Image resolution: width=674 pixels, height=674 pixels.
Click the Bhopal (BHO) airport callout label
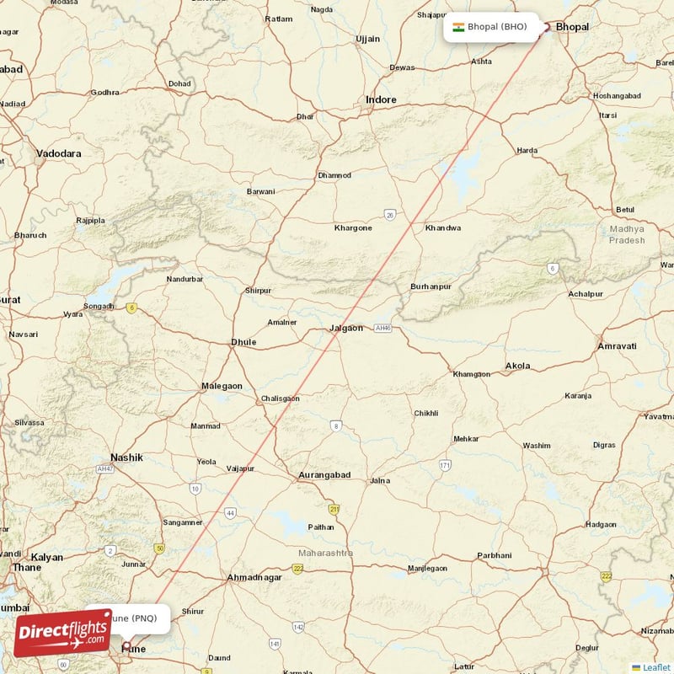pyautogui.click(x=491, y=27)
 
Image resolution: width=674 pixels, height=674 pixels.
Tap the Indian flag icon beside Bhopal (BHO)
pyautogui.click(x=458, y=27)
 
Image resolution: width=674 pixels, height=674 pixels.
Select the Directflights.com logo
pyautogui.click(x=62, y=633)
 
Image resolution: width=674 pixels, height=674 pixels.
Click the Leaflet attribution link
pyautogui.click(x=657, y=667)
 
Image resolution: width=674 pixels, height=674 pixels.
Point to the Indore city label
pyautogui.click(x=381, y=99)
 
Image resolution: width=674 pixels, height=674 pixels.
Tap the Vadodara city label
pyautogui.click(x=59, y=153)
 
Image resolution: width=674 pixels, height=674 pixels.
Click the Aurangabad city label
pyautogui.click(x=324, y=475)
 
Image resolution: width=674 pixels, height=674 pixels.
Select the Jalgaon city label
pyautogui.click(x=345, y=328)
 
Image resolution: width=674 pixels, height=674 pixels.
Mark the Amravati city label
pyautogui.click(x=617, y=346)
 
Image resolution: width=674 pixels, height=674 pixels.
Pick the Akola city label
pyautogui.click(x=517, y=366)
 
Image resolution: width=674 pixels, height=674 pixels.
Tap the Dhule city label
pyautogui.click(x=243, y=342)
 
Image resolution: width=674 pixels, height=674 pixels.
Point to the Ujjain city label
pyautogui.click(x=368, y=39)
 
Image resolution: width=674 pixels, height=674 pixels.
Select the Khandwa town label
pyautogui.click(x=443, y=228)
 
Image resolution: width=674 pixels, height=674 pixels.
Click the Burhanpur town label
pyautogui.click(x=431, y=287)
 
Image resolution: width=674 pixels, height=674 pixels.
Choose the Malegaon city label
pyautogui.click(x=222, y=386)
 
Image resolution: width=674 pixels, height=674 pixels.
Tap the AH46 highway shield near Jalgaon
pyautogui.click(x=383, y=328)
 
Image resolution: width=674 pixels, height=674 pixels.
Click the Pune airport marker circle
pyautogui.click(x=127, y=646)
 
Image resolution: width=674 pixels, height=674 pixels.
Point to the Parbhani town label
pyautogui.click(x=494, y=555)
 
